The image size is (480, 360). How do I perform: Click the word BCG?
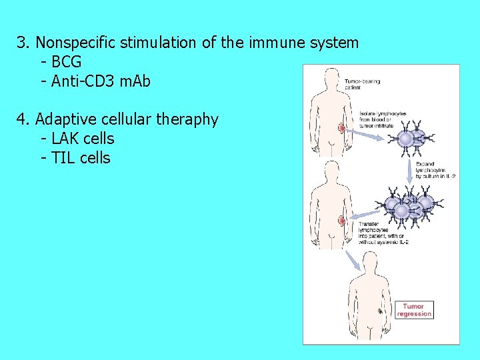click(x=66, y=62)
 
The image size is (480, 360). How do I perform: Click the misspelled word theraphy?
click(x=187, y=119)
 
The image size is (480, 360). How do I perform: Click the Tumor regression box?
click(x=414, y=311)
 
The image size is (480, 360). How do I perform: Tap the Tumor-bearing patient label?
click(x=363, y=85)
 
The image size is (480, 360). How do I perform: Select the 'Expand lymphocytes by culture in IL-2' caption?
click(x=435, y=169)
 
